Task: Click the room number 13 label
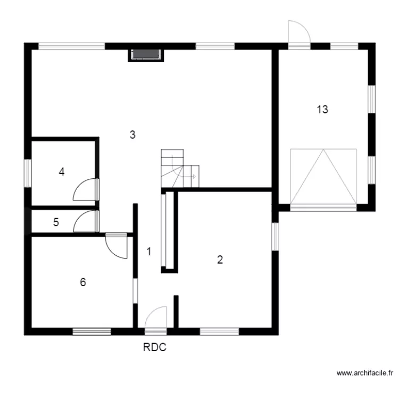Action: pos(322,110)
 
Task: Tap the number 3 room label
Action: pos(132,135)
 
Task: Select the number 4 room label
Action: pos(62,172)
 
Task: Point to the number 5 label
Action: pos(56,222)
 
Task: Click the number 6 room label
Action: pos(82,282)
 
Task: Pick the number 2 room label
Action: pos(220,260)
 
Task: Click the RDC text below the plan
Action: pos(154,348)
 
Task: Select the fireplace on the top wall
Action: pos(146,54)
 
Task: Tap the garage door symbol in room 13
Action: pos(323,177)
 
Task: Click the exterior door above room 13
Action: pos(298,35)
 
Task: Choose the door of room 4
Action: pos(86,190)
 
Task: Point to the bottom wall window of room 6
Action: pos(92,331)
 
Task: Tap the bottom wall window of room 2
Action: pos(219,331)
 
